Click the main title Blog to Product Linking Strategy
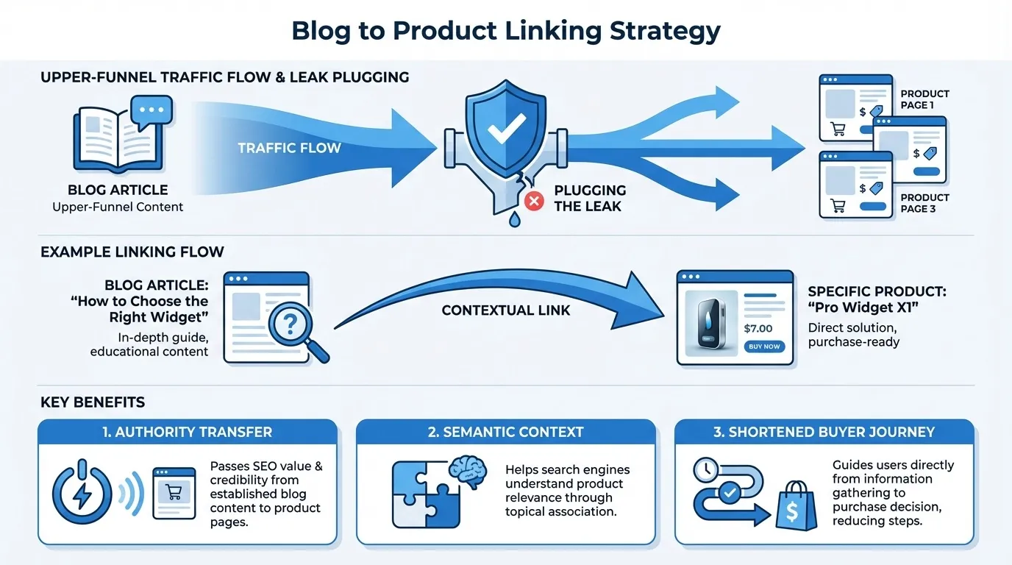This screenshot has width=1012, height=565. [x=506, y=31]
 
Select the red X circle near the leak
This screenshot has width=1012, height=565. [x=535, y=201]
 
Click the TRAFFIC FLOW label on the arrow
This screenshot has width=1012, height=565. [x=289, y=148]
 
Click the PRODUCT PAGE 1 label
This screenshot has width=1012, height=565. [x=924, y=99]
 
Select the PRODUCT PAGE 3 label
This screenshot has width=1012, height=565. [x=924, y=203]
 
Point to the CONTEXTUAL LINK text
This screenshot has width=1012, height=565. [x=506, y=310]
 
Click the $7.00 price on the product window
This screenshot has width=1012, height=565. [x=758, y=328]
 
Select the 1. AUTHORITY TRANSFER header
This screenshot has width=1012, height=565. [x=188, y=432]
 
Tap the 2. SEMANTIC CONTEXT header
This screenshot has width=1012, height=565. [x=505, y=432]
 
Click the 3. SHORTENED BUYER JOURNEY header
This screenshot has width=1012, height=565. [x=824, y=432]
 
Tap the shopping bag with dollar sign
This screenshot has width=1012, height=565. [x=796, y=507]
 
